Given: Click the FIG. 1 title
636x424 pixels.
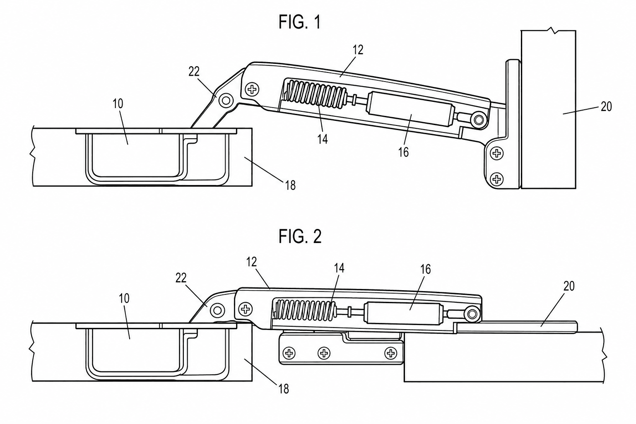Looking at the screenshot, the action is (299, 22).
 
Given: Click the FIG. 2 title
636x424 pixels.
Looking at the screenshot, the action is (300, 236).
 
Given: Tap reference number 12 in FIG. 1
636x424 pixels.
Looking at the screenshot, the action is (358, 50).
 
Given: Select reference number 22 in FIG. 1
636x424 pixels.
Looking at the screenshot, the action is (194, 72).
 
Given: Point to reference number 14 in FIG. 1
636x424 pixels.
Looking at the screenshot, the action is (323, 139).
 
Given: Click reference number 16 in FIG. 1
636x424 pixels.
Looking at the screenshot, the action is (403, 152).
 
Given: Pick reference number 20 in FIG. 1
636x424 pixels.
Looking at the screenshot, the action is (606, 107).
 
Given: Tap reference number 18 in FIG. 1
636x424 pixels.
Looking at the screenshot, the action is (290, 185).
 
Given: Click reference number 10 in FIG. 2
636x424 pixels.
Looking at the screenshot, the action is (124, 298).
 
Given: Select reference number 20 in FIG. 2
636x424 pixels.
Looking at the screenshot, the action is (569, 286).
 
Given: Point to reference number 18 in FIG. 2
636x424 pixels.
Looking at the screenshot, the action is (283, 389).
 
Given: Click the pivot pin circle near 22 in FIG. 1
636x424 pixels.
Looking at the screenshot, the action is (226, 100).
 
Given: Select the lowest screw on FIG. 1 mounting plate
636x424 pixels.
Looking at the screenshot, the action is (496, 179).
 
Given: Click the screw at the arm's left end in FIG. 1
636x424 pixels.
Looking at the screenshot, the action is (251, 90).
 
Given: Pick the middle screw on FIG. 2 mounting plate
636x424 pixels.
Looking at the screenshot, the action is (324, 354).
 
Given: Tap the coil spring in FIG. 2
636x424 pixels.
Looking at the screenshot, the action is (304, 310).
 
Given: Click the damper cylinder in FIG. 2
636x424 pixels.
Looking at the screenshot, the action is (403, 313).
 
